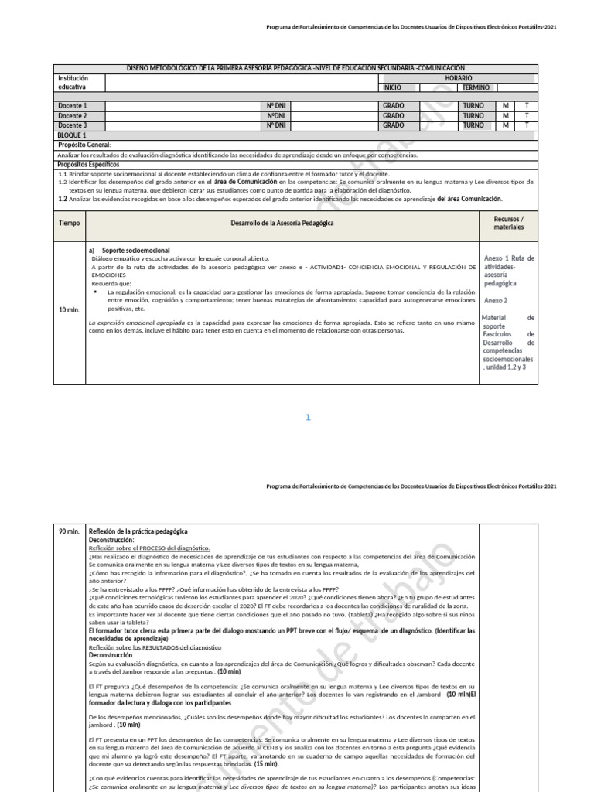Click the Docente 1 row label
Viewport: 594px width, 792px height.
[73, 106]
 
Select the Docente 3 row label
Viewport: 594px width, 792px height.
[73, 125]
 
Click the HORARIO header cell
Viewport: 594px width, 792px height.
[457, 79]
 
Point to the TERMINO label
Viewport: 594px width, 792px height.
[476, 88]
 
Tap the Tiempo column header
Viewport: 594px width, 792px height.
[69, 223]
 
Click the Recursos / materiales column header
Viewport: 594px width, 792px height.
[508, 224]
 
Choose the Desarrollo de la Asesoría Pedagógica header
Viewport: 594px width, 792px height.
[282, 223]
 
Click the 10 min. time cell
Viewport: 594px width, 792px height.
[69, 309]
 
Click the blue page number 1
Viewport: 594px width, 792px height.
[307, 418]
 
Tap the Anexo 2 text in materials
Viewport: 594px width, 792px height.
[495, 300]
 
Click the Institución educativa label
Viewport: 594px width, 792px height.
[73, 84]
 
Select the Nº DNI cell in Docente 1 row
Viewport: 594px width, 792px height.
[276, 106]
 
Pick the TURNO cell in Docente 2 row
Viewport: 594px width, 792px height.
[473, 116]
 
